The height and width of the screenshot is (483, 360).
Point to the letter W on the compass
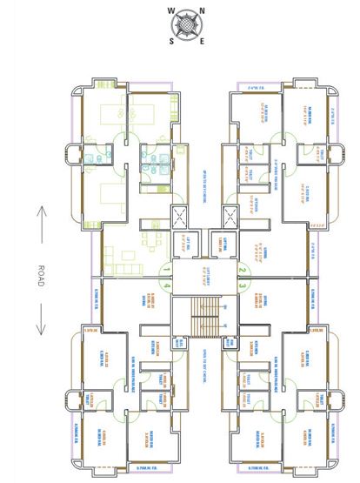(170, 11)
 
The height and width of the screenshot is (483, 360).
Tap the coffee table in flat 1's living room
(129, 255)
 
